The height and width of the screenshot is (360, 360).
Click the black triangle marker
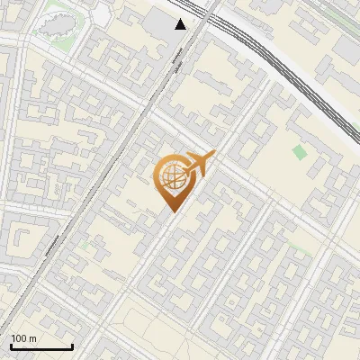click(181, 24)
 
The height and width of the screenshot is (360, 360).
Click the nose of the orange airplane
click(214, 154)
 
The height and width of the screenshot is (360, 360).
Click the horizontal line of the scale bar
click(41, 346)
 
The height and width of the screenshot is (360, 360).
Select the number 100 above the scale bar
click(21, 338)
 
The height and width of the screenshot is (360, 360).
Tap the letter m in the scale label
click(32, 338)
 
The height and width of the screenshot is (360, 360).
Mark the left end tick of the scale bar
click(11, 345)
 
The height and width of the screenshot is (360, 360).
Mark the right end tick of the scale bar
click(72, 345)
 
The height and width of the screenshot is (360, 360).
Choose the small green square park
click(300, 152)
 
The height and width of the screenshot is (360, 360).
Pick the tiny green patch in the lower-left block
click(86, 243)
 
